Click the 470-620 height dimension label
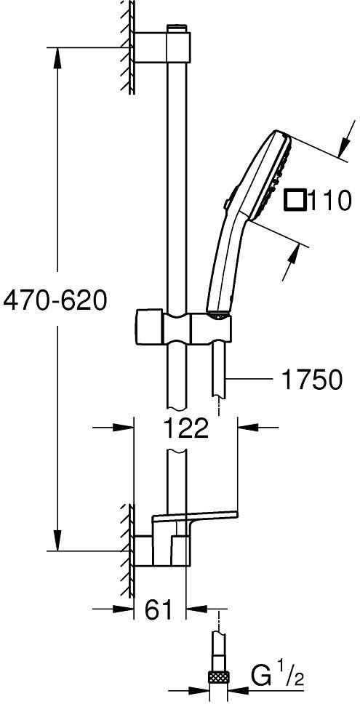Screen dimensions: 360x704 pos(55,300)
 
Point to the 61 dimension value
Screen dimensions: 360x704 pos(158,609)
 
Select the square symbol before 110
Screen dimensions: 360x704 pos(295,199)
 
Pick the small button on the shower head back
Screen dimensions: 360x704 pos(228,203)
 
